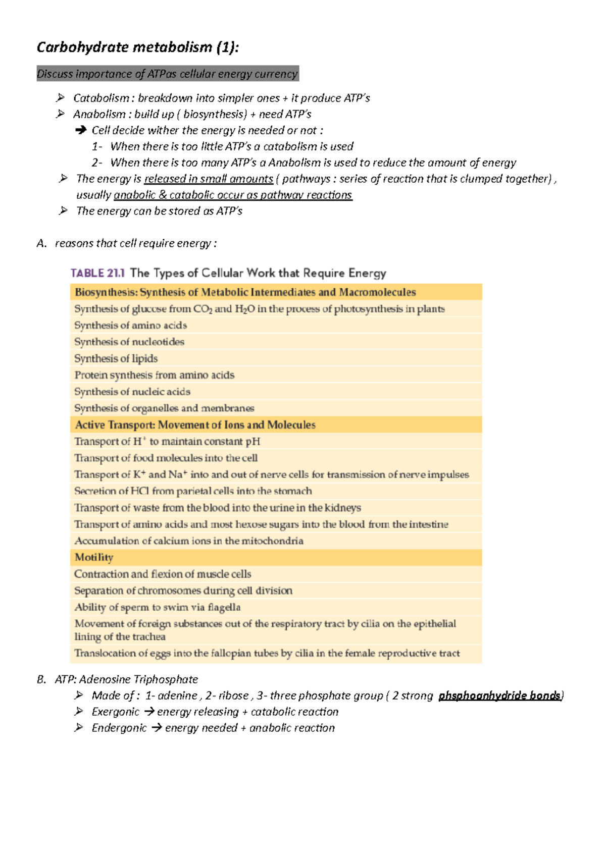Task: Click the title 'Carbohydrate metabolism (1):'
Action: [137, 47]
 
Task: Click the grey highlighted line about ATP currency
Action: [167, 74]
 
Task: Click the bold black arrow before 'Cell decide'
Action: [81, 130]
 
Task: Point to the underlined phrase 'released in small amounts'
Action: [208, 179]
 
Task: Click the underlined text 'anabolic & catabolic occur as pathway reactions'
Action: [233, 195]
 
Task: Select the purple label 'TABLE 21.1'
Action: [97, 273]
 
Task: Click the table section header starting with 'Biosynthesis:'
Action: [245, 292]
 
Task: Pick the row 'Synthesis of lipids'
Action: [116, 358]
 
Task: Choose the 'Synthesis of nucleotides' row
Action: [129, 342]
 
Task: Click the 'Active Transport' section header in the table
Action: [195, 425]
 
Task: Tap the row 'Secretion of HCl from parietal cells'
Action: [193, 491]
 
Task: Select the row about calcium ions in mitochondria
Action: [189, 541]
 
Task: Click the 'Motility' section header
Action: [94, 557]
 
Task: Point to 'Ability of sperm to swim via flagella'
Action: [157, 607]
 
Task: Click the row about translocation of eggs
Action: [267, 653]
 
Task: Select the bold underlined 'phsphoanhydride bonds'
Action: [499, 695]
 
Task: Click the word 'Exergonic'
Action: [115, 712]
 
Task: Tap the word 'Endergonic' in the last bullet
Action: [119, 728]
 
